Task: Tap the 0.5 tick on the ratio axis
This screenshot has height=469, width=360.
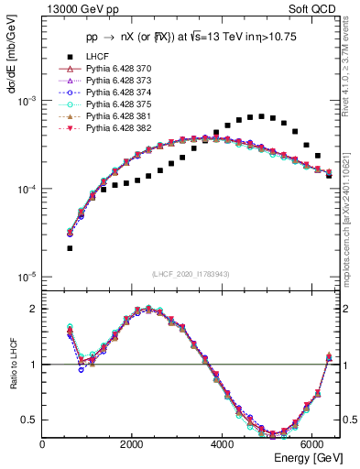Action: (30, 420)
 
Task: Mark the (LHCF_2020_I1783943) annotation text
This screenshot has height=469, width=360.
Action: (190, 273)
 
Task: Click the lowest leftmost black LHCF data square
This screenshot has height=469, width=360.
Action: (70, 248)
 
